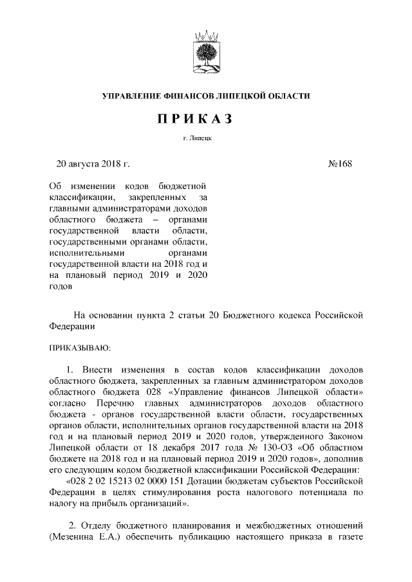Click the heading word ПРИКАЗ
tap(207, 119)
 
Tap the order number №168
tap(340, 163)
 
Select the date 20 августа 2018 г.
tap(93, 163)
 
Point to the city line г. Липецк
tap(207, 138)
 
